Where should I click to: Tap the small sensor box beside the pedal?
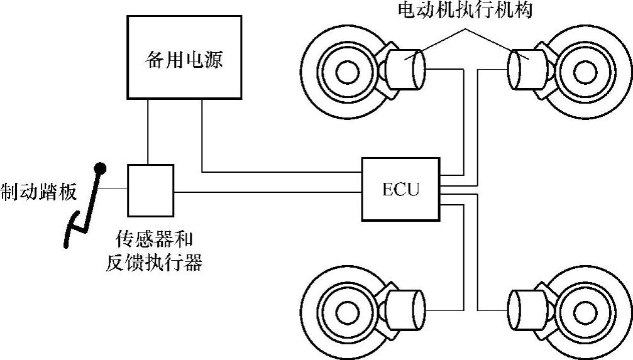click(150, 189)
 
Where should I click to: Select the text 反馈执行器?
click(154, 262)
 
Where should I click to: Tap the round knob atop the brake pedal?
click(99, 168)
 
